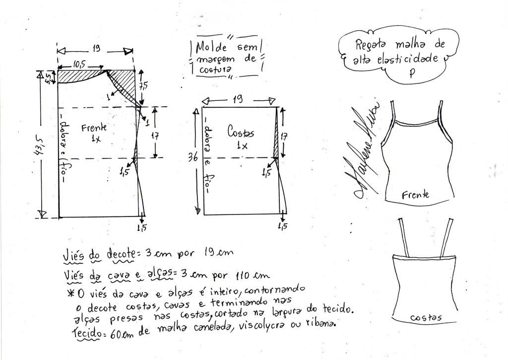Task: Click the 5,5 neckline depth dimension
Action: [48, 78]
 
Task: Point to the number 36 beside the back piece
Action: [193, 157]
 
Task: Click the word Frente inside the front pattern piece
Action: [94, 127]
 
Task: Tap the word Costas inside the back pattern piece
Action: [241, 132]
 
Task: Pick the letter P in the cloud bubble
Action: [411, 73]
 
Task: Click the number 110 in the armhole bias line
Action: [242, 276]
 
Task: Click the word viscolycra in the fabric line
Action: [262, 326]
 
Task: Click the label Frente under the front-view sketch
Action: [416, 195]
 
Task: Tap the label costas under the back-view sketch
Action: [426, 317]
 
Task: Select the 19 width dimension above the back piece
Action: [238, 99]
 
